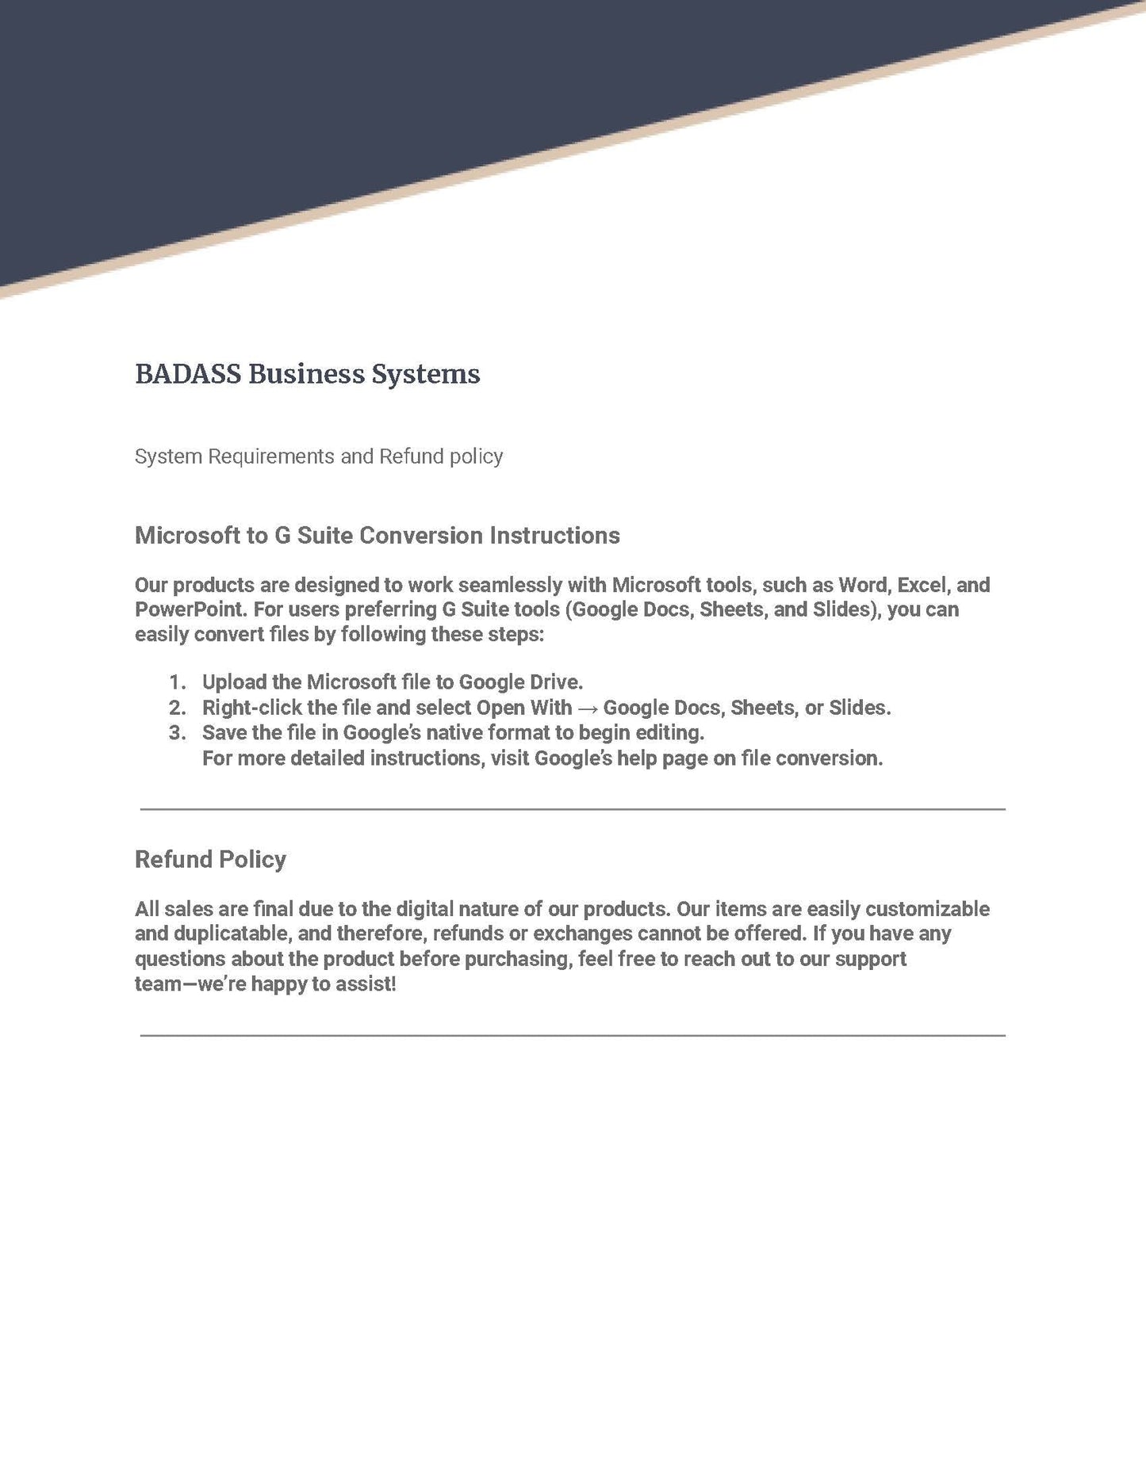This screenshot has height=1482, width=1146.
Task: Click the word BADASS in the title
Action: pos(188,374)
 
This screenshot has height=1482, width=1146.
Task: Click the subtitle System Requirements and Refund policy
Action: pos(318,456)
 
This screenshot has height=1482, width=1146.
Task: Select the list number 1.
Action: pos(177,682)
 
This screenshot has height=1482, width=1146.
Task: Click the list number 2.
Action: pos(177,708)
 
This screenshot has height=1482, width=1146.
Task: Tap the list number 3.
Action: pos(177,732)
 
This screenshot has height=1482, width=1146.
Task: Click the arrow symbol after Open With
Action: pos(588,708)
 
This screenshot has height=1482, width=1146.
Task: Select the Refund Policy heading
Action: pos(210,859)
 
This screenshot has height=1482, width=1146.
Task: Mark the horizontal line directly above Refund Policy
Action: pos(573,809)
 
